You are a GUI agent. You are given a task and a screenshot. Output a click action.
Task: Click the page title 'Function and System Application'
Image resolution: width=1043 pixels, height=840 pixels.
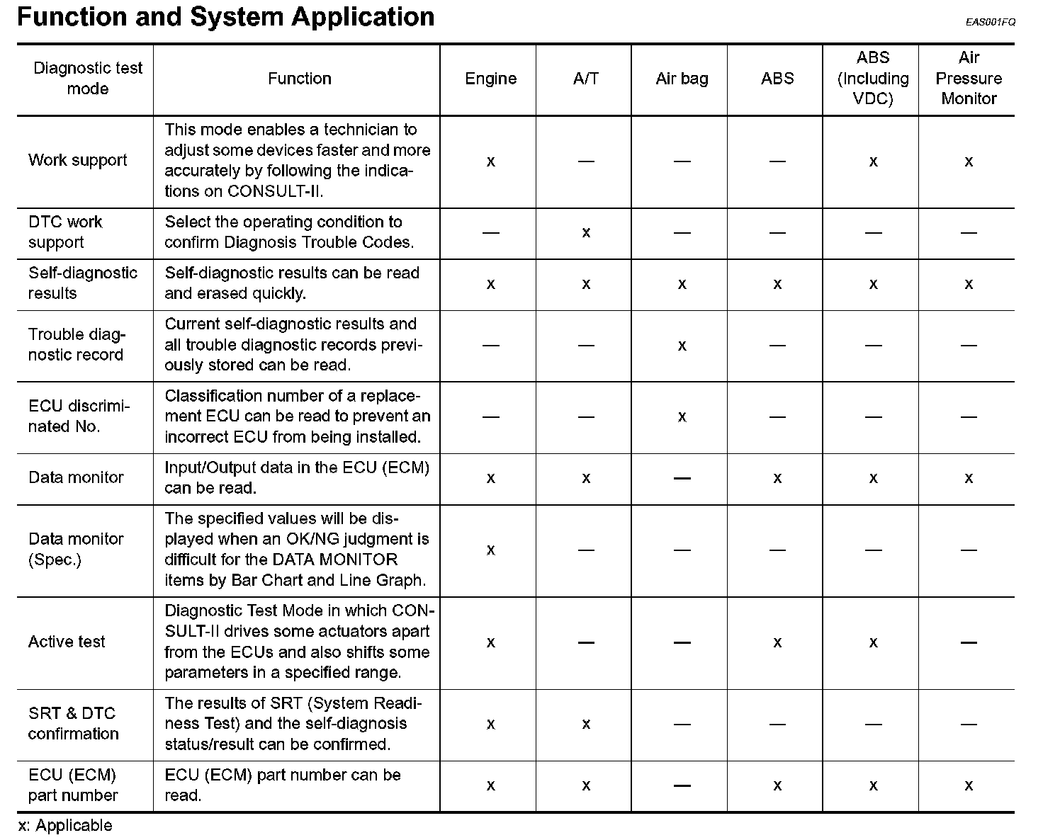click(225, 16)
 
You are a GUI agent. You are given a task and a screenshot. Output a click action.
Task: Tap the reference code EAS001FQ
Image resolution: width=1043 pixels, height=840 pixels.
click(990, 22)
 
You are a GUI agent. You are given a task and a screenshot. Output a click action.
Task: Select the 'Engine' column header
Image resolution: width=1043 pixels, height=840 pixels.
click(490, 79)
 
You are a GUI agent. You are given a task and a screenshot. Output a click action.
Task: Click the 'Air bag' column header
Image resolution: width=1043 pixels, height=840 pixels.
click(682, 79)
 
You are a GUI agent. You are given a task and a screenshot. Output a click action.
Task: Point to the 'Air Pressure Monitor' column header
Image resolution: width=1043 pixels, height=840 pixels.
click(969, 78)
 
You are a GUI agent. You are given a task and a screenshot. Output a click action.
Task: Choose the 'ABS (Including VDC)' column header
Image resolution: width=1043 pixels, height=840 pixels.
click(873, 78)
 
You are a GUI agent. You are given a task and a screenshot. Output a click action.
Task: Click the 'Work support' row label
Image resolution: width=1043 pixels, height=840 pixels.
click(78, 160)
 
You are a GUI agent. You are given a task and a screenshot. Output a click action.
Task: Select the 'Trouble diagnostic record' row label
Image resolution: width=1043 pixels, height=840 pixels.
click(77, 345)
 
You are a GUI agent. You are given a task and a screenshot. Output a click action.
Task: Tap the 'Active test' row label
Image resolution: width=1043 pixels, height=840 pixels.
click(67, 642)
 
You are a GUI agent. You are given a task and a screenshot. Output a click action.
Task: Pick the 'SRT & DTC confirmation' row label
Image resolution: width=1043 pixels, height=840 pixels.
click(73, 723)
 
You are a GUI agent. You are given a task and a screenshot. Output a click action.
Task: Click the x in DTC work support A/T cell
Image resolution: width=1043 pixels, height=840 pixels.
click(586, 232)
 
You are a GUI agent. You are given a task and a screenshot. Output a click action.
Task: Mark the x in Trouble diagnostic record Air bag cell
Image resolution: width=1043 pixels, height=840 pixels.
click(682, 346)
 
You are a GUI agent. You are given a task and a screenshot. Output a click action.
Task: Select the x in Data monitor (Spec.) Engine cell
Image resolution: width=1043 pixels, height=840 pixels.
click(490, 550)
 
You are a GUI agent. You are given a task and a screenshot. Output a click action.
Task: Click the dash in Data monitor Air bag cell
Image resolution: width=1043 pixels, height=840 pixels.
click(682, 478)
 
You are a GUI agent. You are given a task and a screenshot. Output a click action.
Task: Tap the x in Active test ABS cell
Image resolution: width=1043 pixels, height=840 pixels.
click(777, 642)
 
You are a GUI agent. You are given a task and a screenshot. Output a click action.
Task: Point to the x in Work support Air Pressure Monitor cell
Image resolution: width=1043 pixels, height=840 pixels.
click(969, 161)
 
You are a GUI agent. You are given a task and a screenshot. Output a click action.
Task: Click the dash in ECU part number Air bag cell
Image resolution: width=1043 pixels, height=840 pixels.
click(682, 785)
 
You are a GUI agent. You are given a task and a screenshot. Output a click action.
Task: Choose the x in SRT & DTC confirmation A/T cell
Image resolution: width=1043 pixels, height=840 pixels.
click(586, 724)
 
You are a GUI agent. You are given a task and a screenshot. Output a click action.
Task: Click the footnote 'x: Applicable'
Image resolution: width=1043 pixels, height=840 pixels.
click(65, 825)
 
